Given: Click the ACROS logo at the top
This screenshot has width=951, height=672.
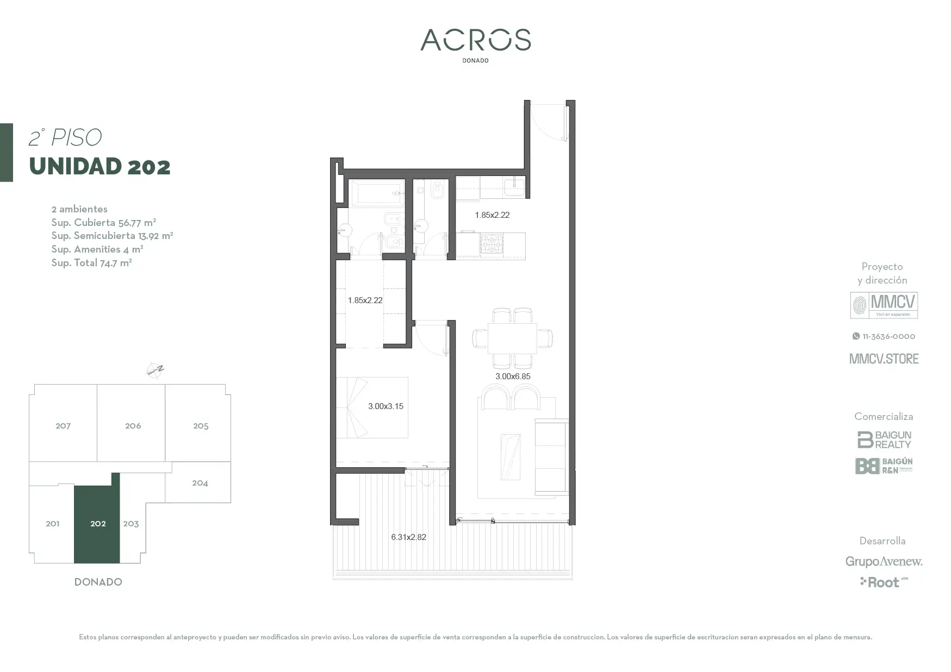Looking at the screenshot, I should [475, 40].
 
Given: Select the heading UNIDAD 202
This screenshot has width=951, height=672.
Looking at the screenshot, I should [100, 167].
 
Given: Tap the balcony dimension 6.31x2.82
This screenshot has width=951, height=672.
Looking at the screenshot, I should [408, 537].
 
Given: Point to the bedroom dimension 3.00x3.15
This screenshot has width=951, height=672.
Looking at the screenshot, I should [386, 406].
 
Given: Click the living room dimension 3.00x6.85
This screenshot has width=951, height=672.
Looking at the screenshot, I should [512, 376].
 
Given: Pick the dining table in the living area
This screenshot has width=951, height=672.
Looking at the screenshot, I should [512, 338].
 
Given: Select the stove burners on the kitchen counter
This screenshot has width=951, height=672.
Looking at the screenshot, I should [492, 244].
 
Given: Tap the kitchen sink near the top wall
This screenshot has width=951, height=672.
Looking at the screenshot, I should [514, 187].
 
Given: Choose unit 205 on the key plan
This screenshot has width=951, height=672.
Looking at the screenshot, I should [201, 426].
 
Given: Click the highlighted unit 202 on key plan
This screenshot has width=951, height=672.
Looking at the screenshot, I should [97, 524].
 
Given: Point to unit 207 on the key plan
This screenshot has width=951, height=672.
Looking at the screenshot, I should [63, 426].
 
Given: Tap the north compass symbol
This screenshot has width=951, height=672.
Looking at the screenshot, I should [155, 370].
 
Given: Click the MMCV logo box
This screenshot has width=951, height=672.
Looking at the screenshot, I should [884, 305].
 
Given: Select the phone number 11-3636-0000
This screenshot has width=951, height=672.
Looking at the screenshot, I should [884, 336].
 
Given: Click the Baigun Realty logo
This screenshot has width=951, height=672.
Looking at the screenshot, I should [884, 439].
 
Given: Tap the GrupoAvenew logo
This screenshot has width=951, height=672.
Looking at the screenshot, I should [884, 561].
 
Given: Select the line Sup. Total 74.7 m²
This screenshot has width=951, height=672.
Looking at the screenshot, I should [91, 263].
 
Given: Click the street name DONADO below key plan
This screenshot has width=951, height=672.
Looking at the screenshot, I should [98, 582].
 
